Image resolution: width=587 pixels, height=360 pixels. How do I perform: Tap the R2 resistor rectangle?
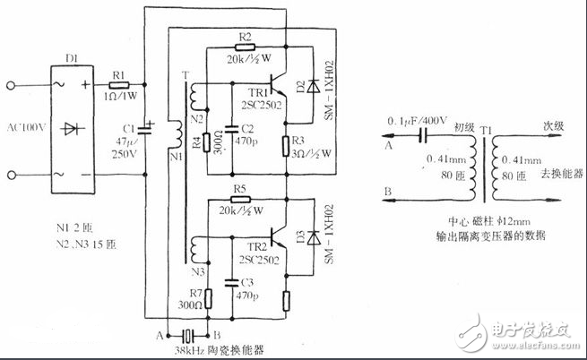pos(246,45)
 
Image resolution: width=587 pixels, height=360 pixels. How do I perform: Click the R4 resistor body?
pos(208,140)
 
